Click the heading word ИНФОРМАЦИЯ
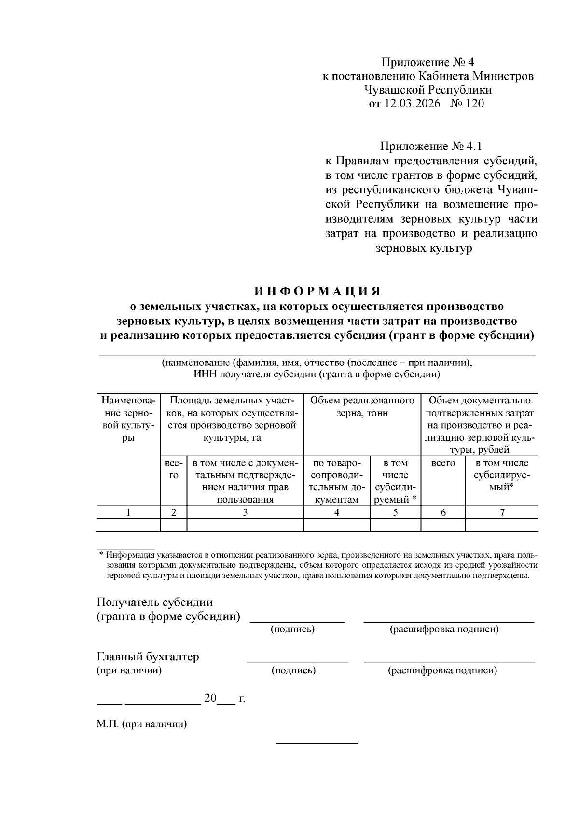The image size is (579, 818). (317, 292)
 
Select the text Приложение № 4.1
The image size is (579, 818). (430, 146)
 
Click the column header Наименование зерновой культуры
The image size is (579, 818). (128, 419)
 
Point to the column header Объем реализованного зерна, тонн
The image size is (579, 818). (362, 407)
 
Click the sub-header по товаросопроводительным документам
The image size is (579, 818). (336, 481)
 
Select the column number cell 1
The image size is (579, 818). (128, 512)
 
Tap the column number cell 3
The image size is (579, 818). (245, 512)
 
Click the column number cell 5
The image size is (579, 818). (395, 512)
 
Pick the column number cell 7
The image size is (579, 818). (502, 512)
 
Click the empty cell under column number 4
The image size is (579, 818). (336, 525)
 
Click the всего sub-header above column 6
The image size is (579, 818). (443, 463)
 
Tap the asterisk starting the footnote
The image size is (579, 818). (101, 555)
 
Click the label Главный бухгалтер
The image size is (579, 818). (148, 657)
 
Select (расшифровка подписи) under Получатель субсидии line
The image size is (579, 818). (444, 629)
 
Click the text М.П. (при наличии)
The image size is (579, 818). (141, 724)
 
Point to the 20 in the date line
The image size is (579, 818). (210, 698)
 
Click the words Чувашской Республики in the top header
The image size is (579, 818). (428, 90)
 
